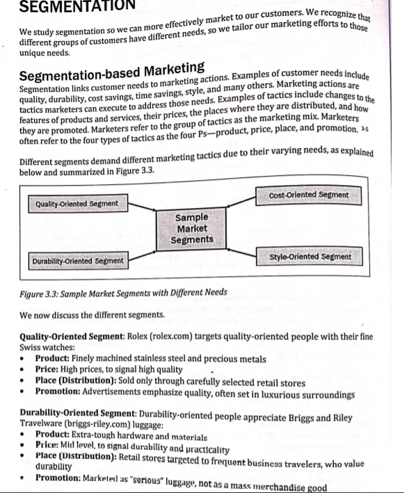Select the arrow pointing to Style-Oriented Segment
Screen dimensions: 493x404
pos(244,250)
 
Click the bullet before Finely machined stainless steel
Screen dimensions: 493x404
pos(24,359)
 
